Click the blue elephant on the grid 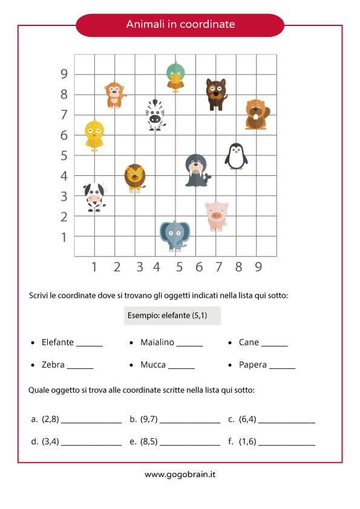pyautogui.click(x=175, y=235)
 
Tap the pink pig pyautogui.click(x=216, y=216)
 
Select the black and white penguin pyautogui.click(x=236, y=157)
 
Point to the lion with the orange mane pyautogui.click(x=134, y=178)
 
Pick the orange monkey pyautogui.click(x=114, y=94)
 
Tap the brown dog pyautogui.click(x=216, y=93)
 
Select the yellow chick pyautogui.click(x=94, y=135)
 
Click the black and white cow pyautogui.click(x=94, y=196)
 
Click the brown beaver pyautogui.click(x=257, y=114)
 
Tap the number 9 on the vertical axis pyautogui.click(x=63, y=74)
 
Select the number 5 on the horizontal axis pyautogui.click(x=179, y=267)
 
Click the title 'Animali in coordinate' pyautogui.click(x=180, y=25)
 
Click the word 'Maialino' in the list pyautogui.click(x=157, y=342)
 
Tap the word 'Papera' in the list pyautogui.click(x=252, y=365)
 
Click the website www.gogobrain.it pyautogui.click(x=180, y=475)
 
